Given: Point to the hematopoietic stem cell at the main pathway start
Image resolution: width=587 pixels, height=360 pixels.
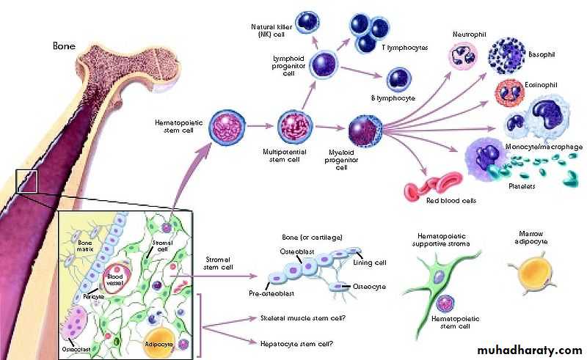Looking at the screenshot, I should click(227, 127).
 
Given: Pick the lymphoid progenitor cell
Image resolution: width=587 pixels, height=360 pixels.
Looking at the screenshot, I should click(319, 65).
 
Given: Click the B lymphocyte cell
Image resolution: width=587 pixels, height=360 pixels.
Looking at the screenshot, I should click(398, 78).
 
